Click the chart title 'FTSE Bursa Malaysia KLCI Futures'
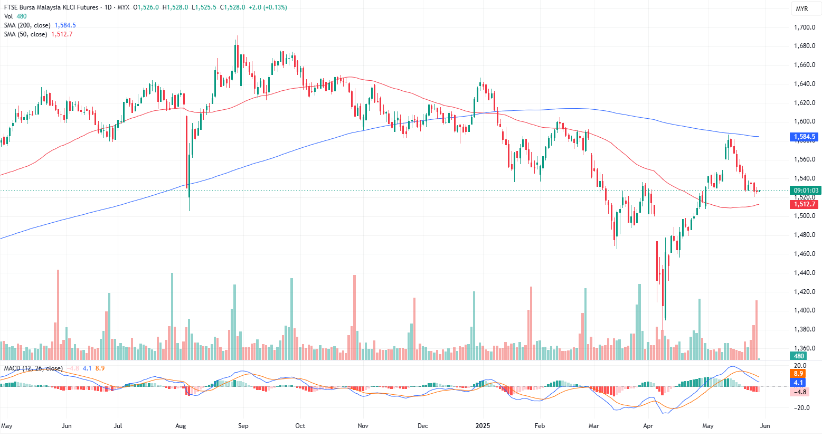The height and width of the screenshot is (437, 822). [x=51, y=7]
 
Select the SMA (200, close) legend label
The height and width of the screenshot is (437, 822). [x=27, y=25]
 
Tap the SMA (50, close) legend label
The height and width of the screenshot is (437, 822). [x=25, y=34]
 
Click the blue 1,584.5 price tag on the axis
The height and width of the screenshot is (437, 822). [x=805, y=137]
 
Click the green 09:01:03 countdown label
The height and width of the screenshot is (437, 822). [x=806, y=191]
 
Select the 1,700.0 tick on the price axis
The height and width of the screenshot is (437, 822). [x=805, y=27]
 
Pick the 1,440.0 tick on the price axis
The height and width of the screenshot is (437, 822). [x=805, y=273]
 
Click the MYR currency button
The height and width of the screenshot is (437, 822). [x=802, y=9]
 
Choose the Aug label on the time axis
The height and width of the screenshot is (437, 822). [x=181, y=426]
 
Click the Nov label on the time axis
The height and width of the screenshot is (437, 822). [x=363, y=426]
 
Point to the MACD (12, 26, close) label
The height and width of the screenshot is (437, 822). [x=33, y=368]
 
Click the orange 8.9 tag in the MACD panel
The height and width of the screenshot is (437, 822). [x=799, y=374]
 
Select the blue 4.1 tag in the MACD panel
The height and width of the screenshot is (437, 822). [x=799, y=382]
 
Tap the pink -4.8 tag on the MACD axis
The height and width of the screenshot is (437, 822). [x=800, y=392]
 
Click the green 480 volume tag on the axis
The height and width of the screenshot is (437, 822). [x=799, y=356]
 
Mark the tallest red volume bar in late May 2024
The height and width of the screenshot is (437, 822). [x=58, y=317]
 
